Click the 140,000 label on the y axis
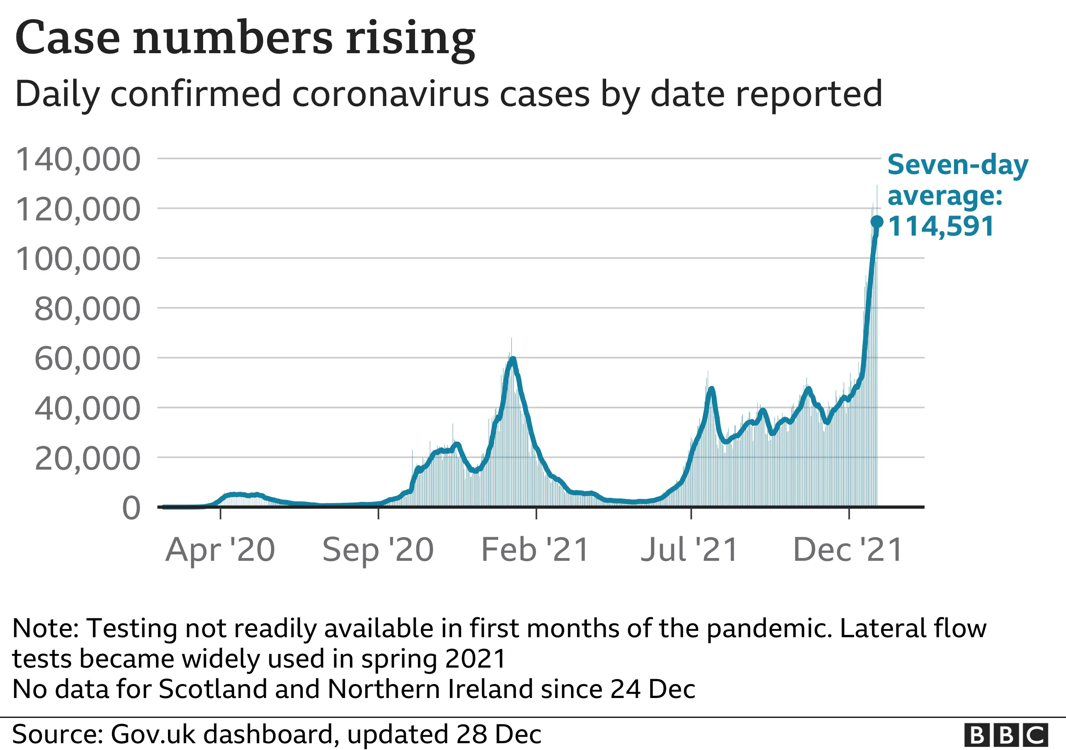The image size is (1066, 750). click(x=78, y=159)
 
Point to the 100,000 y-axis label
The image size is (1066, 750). click(x=78, y=259)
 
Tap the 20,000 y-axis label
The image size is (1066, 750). click(x=87, y=458)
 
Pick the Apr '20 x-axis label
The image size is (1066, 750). click(x=220, y=550)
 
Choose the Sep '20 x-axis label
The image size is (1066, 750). click(x=378, y=550)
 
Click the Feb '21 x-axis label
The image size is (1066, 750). click(x=535, y=550)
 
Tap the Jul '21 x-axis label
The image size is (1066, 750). click(x=689, y=550)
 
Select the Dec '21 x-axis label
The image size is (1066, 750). click(x=848, y=550)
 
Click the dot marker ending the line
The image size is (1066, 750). click(x=876, y=222)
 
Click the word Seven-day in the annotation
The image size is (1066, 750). click(x=958, y=165)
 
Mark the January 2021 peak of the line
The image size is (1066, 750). click(x=513, y=359)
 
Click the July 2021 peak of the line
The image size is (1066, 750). click(x=711, y=389)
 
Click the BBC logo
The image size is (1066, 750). click(x=1006, y=735)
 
